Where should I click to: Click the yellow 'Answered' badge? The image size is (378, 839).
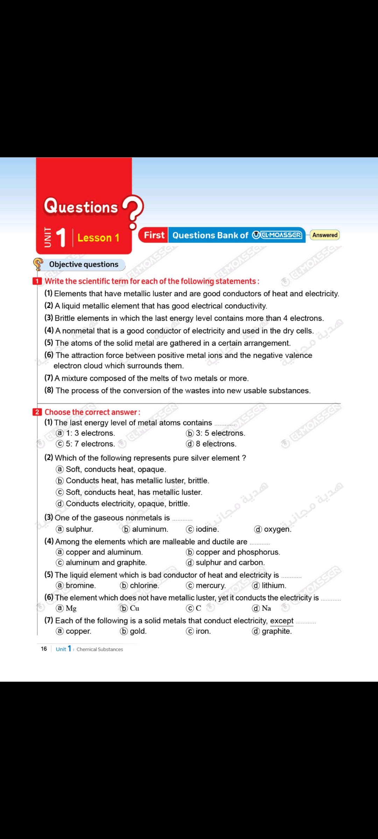click(325, 235)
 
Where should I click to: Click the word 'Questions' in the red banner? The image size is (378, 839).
click(81, 206)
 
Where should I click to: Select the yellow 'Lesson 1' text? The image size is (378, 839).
click(98, 238)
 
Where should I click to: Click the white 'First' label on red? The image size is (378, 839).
click(154, 235)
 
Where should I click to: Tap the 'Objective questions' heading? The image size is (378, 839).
click(84, 264)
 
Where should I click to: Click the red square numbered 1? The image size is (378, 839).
click(37, 281)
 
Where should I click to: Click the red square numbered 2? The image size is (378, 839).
click(37, 412)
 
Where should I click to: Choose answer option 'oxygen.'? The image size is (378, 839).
click(277, 529)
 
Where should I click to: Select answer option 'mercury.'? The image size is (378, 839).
click(210, 585)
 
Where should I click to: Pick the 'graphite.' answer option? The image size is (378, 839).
click(276, 631)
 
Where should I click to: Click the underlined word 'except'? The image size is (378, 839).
click(282, 621)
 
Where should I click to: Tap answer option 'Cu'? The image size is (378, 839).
click(134, 608)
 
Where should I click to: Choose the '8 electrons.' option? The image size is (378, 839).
click(216, 444)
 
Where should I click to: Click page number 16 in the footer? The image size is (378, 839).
click(44, 649)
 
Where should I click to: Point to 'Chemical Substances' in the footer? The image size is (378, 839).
click(100, 649)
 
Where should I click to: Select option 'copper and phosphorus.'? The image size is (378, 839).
click(238, 552)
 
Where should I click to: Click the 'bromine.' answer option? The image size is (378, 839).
click(80, 585)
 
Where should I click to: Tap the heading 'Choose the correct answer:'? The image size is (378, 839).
click(92, 412)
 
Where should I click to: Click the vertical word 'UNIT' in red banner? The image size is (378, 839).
click(48, 237)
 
